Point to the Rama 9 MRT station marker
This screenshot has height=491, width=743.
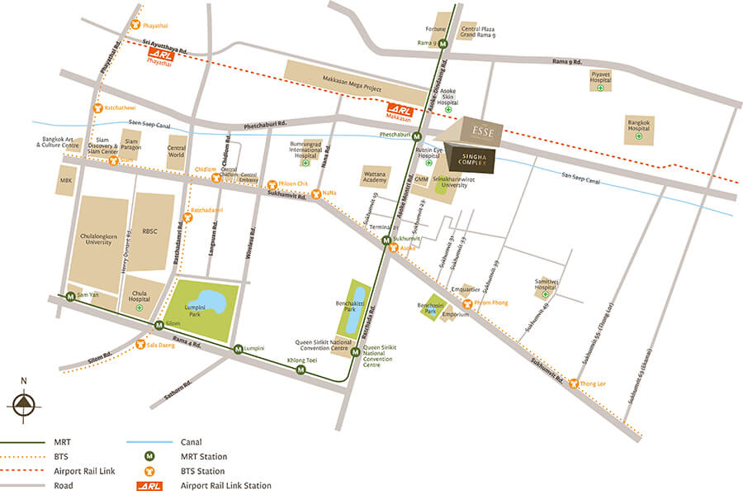click(x=442, y=43)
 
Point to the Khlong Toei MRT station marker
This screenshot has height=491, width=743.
click(x=301, y=370)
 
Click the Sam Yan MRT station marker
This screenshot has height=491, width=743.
click(x=71, y=297)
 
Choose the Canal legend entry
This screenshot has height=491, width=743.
click(x=191, y=441)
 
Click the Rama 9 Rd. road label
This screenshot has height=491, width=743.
click(x=567, y=62)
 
